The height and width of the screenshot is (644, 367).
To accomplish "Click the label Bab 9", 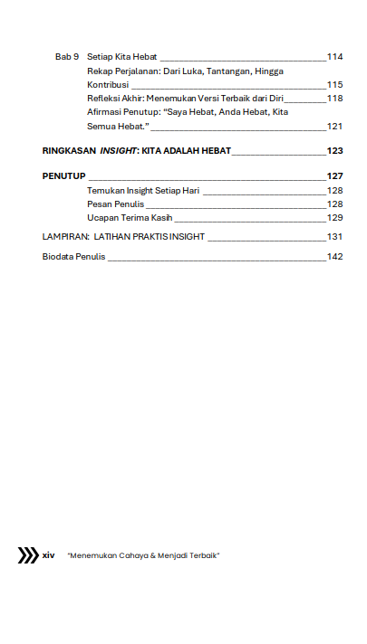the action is coord(67,57).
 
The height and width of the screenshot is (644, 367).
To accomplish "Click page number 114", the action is coord(334,57).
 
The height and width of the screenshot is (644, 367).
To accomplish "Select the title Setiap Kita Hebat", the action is coord(122,57).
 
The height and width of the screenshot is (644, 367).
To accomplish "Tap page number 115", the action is coord(334,84).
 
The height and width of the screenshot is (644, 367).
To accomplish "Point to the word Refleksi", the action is coord(105,98).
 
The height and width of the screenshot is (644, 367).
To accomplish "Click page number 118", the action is coord(334,98).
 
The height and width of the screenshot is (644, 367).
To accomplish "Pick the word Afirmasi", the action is coord(106,112).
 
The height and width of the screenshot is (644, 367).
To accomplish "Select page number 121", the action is coord(334,126).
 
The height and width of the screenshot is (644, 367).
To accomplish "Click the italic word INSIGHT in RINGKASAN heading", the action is coord(119,151).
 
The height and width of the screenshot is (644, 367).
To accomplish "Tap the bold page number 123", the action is coord(334,151).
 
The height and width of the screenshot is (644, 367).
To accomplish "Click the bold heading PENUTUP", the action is coord(63,175).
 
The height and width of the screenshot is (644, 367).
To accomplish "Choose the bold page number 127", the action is coord(334,175).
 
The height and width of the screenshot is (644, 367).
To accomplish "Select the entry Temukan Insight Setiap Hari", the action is coord(143,191).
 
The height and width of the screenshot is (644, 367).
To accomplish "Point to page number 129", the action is coord(334,218).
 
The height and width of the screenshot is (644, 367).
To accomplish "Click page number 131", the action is coord(334,236).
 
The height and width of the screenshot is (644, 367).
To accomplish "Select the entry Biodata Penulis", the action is coord(73,257).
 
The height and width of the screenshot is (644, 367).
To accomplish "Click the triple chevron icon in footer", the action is coord(28,555).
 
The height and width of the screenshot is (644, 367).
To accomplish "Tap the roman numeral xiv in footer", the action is coord(49,555).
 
